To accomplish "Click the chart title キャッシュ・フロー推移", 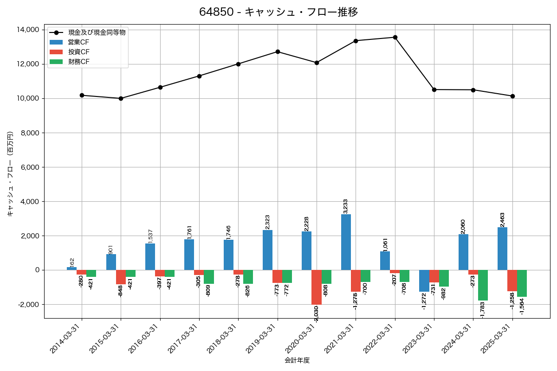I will coord(278,12).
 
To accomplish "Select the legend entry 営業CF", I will coord(78,42).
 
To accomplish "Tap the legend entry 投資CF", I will coord(78,52).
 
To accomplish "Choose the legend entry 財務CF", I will coord(78,62).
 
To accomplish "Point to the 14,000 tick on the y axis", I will coord(27,30).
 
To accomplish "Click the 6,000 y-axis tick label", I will coord(29,167).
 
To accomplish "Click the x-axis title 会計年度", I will coord(297,360).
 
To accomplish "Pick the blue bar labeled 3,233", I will coord(346,242).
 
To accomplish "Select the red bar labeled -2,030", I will coord(317,287).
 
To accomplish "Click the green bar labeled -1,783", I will coord(483,285).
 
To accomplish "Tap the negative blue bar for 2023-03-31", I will coord(424,281).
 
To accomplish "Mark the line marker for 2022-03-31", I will coord(395,37).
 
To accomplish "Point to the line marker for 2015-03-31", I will coord(121,98).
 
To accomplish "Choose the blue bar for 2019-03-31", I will coord(267,250).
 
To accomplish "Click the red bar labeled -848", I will coord(121,277).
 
